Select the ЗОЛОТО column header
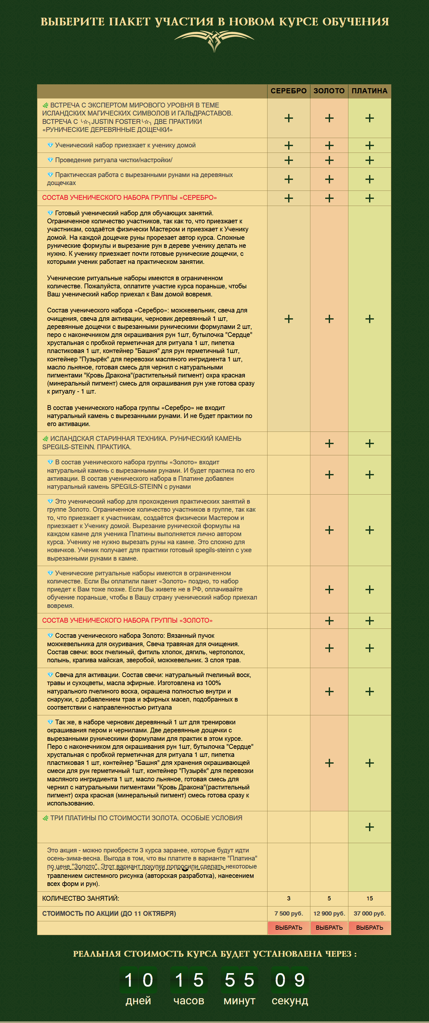(329, 91)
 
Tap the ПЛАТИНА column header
(369, 91)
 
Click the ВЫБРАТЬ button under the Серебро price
(289, 928)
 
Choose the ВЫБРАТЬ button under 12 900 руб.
(329, 928)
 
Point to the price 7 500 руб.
(289, 913)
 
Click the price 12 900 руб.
(329, 913)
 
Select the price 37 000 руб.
(369, 913)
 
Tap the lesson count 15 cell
(369, 898)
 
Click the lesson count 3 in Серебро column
(289, 898)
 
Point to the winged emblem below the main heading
(214, 40)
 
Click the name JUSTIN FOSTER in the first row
(116, 122)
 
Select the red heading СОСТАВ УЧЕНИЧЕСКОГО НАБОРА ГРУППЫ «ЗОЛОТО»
(127, 620)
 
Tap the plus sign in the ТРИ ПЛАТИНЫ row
(369, 827)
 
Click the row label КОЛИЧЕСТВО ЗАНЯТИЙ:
(81, 898)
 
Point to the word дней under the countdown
(138, 1001)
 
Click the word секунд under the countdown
(290, 1001)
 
